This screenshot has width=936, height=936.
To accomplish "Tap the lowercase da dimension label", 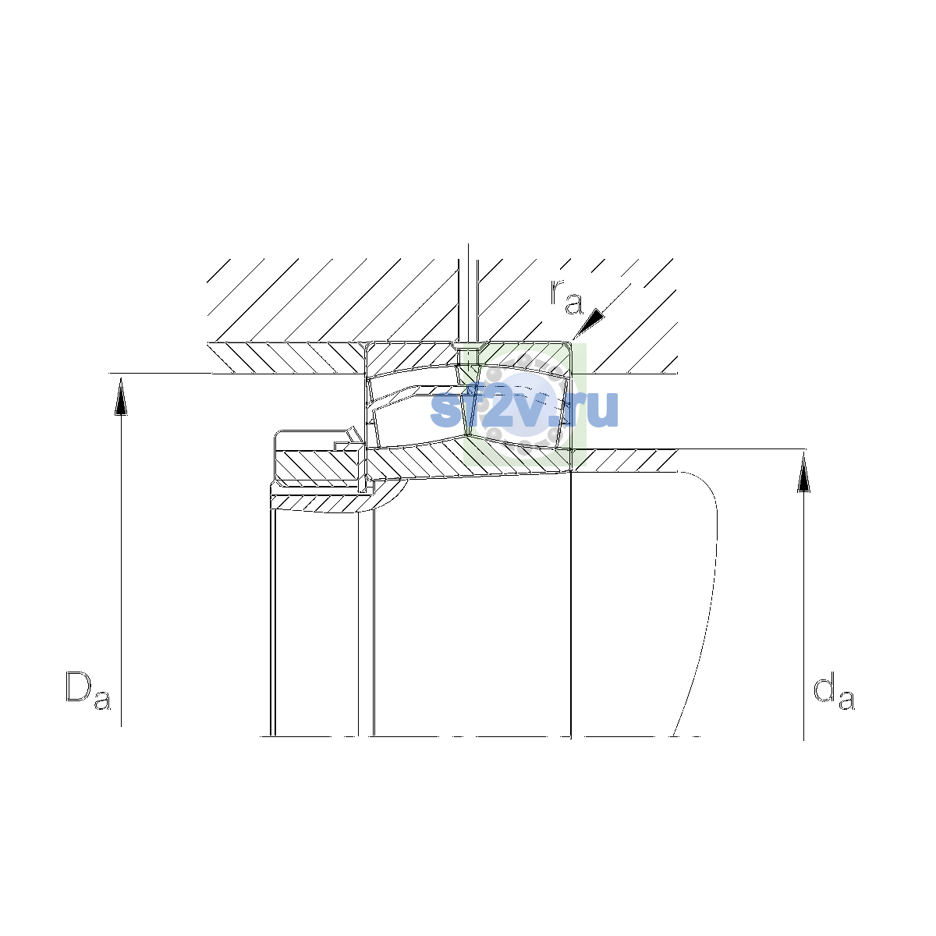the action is (834, 690).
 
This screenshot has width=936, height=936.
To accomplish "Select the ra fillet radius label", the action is (566, 296).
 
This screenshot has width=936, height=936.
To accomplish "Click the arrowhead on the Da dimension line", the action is (121, 396).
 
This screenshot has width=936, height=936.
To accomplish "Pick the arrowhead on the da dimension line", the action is (804, 472).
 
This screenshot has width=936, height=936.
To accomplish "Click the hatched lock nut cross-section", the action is (317, 466).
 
